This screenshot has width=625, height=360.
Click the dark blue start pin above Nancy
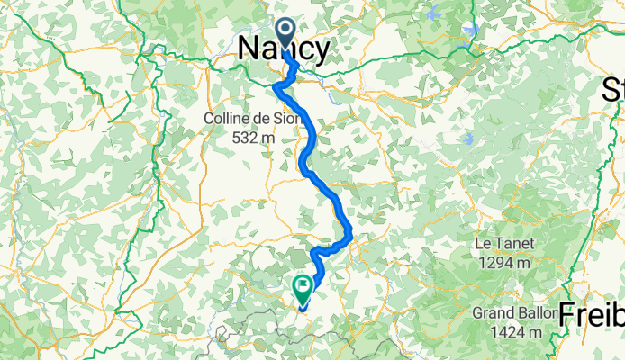click(x=285, y=33)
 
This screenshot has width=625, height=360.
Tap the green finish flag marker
click(x=301, y=289)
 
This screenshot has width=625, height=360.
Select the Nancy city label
click(x=283, y=50)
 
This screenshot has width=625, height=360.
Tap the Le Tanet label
click(x=504, y=244)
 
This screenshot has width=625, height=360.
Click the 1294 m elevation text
click(x=504, y=262)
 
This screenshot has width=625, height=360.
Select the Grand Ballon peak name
click(x=511, y=314)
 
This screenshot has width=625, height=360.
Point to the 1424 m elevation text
click(x=516, y=332)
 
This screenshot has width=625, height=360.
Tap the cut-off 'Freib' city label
click(x=591, y=314)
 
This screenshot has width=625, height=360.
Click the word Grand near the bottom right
click(x=492, y=314)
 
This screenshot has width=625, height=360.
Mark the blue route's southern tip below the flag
click(x=301, y=310)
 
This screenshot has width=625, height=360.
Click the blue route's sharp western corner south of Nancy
click(x=275, y=85)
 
